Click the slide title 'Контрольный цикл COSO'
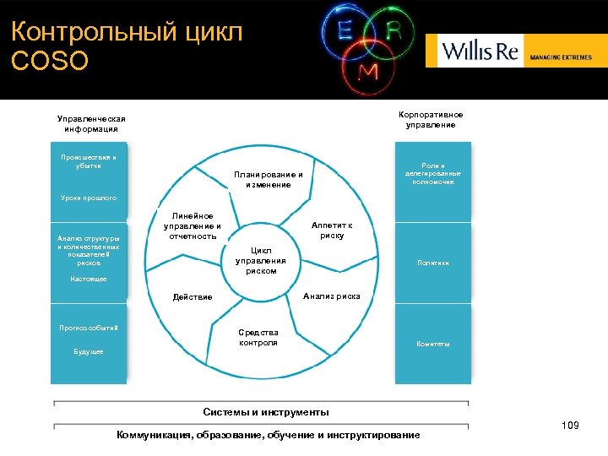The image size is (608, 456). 127,46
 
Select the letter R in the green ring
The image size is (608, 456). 393,30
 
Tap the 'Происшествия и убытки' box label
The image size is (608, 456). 89,161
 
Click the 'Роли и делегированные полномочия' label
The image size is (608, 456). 433,174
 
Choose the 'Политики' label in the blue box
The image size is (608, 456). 433,263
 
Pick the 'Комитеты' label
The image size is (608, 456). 433,344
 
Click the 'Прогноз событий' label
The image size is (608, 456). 89,327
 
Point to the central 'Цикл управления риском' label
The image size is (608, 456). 261,261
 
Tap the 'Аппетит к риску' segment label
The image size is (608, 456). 332,231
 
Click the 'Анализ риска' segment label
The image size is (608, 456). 331,296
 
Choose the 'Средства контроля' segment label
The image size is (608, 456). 258,337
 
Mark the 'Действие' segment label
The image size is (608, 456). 192,296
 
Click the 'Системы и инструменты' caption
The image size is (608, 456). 266,412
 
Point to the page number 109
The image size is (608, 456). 570,426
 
